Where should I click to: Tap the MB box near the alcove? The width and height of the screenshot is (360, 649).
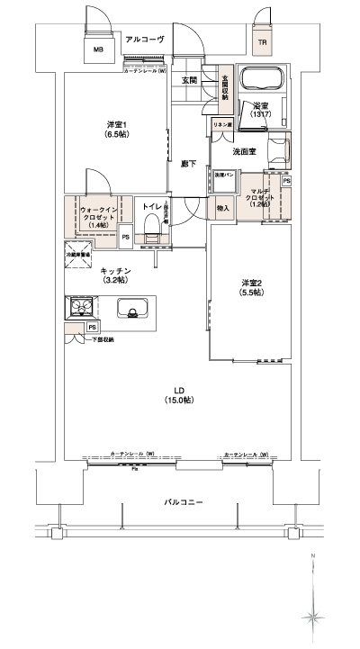[x=99, y=50]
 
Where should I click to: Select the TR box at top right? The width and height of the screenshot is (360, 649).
[x=263, y=42]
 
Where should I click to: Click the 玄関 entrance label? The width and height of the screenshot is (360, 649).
[x=189, y=80]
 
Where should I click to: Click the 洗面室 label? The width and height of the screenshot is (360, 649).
[x=245, y=151]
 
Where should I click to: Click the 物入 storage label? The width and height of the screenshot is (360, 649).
[x=222, y=209]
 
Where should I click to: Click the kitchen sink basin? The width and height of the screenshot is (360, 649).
[x=132, y=312]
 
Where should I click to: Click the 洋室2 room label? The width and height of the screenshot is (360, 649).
[x=251, y=287]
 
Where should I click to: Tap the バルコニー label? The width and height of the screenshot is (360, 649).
[x=180, y=501]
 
